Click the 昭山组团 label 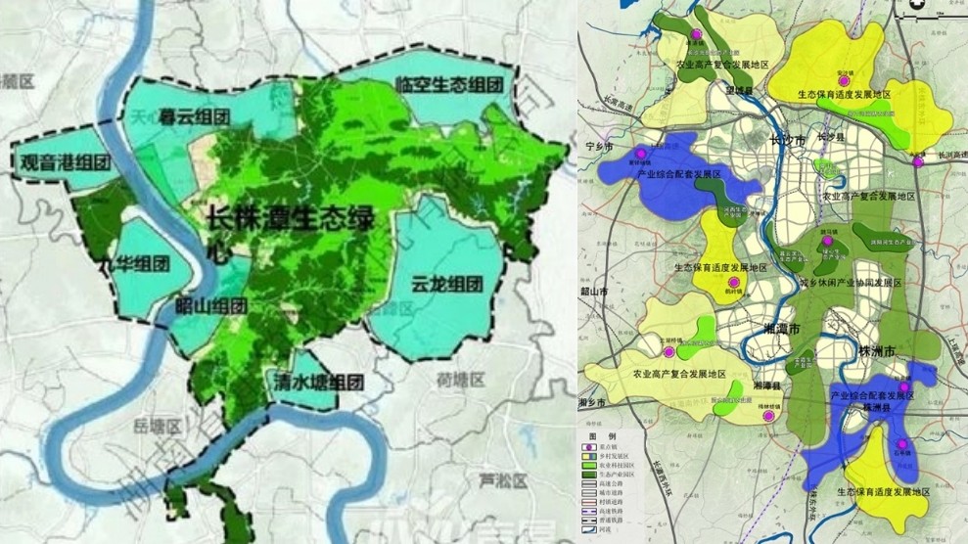click(x=212, y=305)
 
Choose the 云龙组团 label click(x=447, y=285)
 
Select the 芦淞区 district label click(x=501, y=480)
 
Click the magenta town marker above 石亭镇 click(x=900, y=444)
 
